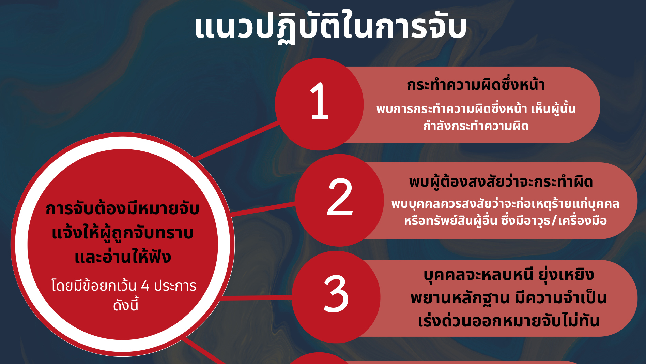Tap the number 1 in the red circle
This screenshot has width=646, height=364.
point(320,101)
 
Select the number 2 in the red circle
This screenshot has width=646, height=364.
point(340,197)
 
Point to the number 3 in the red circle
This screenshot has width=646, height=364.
point(336,294)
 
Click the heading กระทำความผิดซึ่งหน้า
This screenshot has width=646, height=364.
point(476,85)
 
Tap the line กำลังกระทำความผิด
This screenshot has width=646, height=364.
point(476,126)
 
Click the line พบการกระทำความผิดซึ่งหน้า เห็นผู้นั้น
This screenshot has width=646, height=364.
point(476,108)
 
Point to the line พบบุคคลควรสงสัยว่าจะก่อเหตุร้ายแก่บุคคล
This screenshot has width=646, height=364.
point(505,203)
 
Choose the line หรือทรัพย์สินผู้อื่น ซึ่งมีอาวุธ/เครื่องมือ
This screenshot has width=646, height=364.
point(505,220)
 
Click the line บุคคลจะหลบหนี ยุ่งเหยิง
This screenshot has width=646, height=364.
point(509,275)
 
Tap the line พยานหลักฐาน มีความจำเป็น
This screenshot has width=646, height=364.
point(509,298)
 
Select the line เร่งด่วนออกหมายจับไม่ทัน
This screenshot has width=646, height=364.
point(509,321)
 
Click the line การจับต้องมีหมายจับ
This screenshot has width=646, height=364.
point(123,208)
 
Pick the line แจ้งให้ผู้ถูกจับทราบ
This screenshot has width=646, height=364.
point(123,233)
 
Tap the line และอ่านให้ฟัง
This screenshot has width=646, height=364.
point(123,257)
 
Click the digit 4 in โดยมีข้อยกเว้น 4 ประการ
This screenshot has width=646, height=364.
point(145,286)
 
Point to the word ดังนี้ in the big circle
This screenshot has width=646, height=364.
point(126,305)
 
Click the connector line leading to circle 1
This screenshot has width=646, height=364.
point(237,141)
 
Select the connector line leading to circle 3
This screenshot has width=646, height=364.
point(256,298)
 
